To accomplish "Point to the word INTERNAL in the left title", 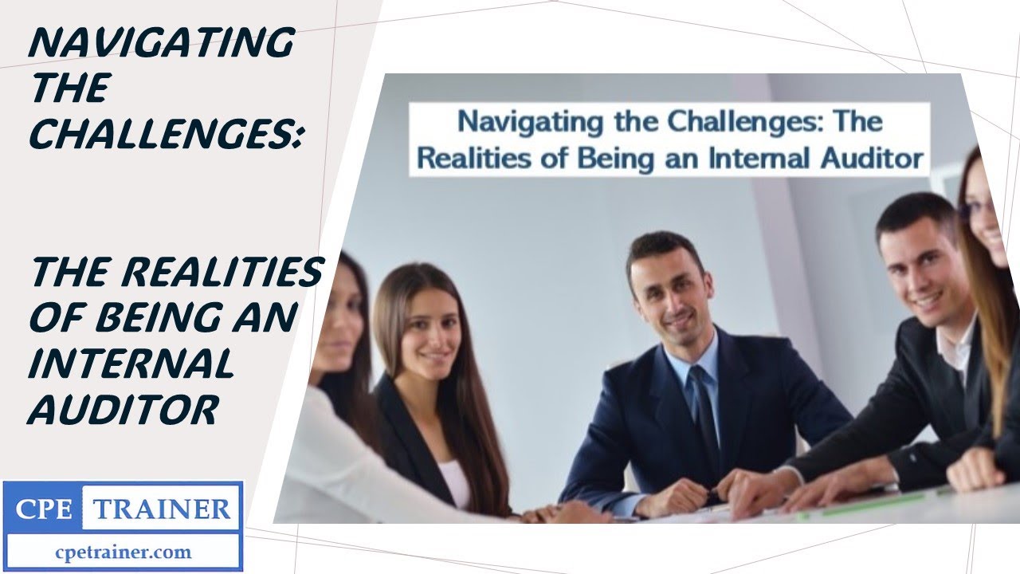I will [131, 364].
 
